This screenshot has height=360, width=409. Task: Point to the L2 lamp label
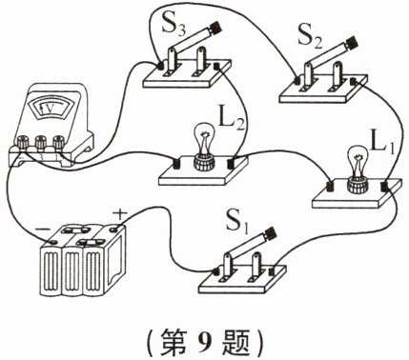[232, 118]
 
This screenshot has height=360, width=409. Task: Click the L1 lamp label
[382, 144]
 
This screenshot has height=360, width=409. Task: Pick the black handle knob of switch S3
[215, 28]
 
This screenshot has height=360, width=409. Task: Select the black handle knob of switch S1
[270, 235]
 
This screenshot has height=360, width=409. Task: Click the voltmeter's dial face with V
[51, 109]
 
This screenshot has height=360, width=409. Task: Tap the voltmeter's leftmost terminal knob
[23, 142]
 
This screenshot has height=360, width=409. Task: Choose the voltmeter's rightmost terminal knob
[58, 142]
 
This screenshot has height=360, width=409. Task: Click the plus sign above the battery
[119, 214]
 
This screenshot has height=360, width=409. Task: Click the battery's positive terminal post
[115, 229]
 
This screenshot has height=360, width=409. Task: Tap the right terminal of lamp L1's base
[385, 186]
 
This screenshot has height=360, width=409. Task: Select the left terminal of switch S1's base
[216, 271]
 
